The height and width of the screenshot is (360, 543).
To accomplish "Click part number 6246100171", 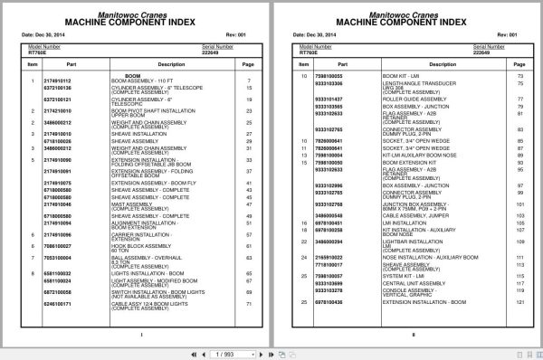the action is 57,303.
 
